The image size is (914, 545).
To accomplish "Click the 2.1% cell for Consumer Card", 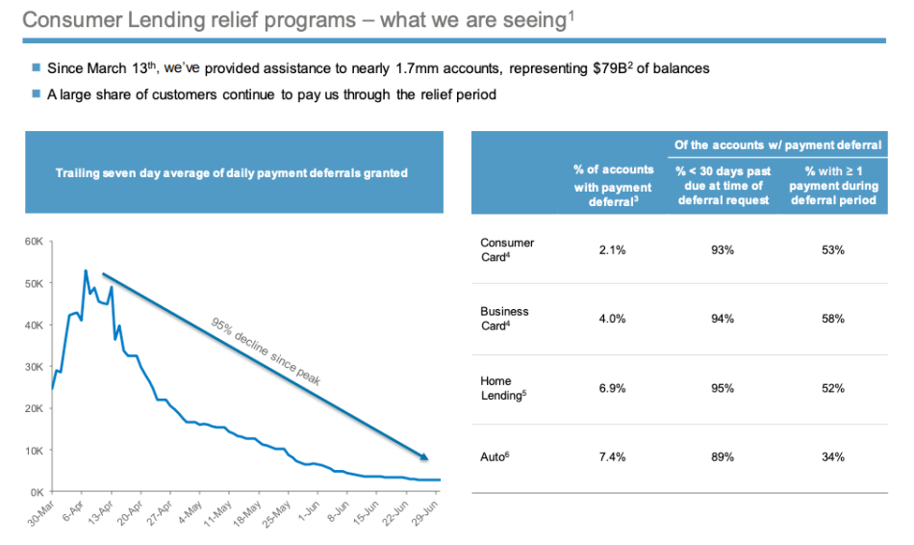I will point(613,250).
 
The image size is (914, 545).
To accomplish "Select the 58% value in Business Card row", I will point(833,319).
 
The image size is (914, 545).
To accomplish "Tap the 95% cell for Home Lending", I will point(722,388).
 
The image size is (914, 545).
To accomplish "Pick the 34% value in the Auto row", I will point(833,456).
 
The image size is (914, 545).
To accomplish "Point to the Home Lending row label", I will point(497,388).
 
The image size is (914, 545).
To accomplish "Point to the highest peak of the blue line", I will point(86,271).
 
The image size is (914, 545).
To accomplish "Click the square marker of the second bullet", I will point(37,94).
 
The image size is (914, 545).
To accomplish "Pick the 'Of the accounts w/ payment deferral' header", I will point(777,145).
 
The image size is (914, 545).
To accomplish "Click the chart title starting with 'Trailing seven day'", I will point(232,173).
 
